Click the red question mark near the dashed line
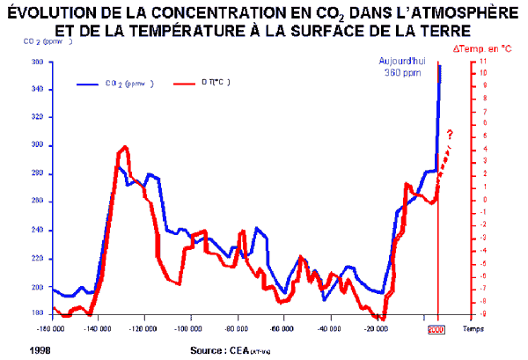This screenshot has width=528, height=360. [450, 135]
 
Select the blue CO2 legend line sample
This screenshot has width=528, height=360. [89, 84]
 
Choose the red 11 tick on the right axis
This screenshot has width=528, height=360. [476, 62]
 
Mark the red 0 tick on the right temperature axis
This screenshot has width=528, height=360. [475, 199]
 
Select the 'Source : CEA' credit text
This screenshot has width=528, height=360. [222, 350]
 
